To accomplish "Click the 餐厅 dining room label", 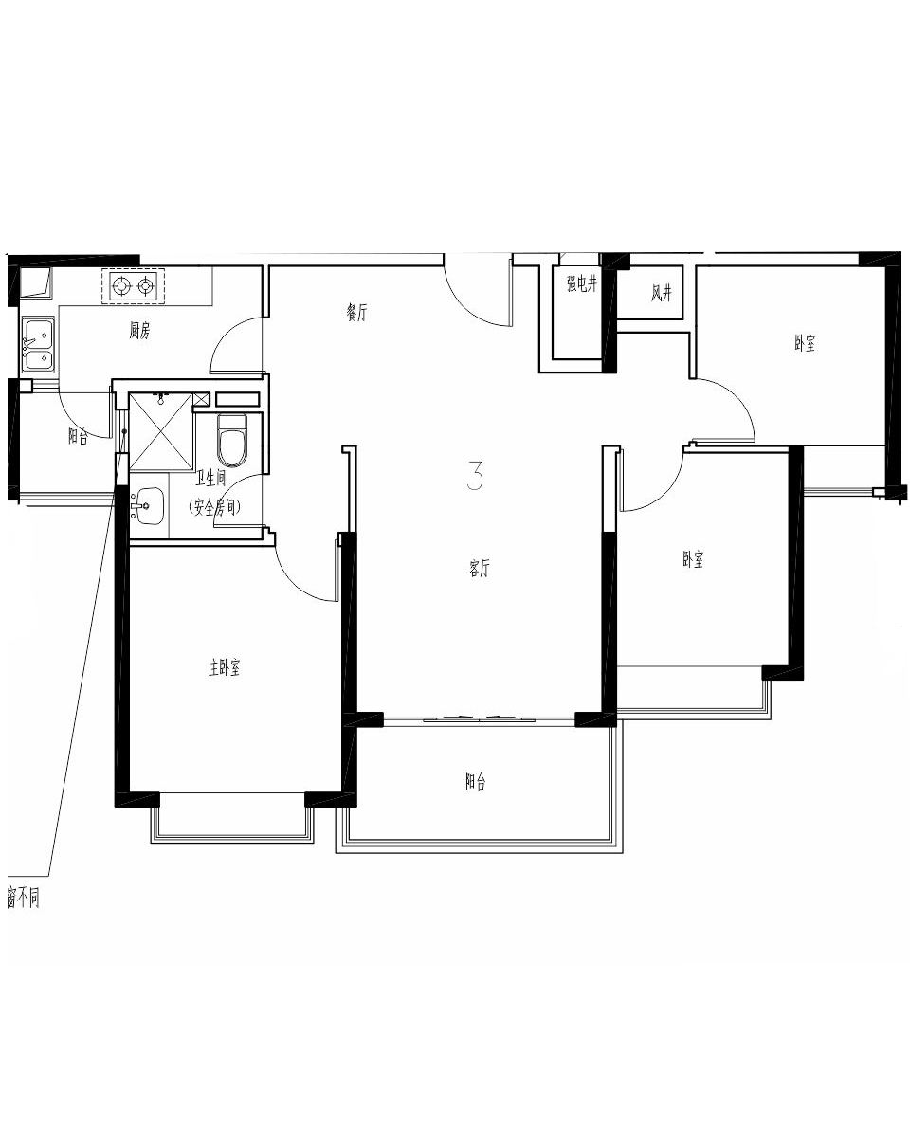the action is [x=356, y=313].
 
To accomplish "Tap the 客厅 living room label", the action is [x=479, y=569].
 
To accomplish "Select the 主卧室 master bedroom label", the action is [x=224, y=667].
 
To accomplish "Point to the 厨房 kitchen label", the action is [x=139, y=331].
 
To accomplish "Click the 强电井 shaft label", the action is [x=582, y=284].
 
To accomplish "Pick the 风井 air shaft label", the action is [x=662, y=293].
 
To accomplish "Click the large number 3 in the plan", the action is [x=475, y=475].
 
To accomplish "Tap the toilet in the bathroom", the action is [x=232, y=440].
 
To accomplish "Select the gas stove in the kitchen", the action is [x=133, y=286].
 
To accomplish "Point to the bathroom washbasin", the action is [x=148, y=505].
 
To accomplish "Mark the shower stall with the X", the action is [x=161, y=431].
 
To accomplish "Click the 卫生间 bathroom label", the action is [x=210, y=479].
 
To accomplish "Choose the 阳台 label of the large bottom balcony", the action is [x=475, y=782].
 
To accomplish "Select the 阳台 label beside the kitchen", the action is [x=78, y=436].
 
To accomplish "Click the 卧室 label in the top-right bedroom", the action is [x=805, y=343].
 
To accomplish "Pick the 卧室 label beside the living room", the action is [x=693, y=559].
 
